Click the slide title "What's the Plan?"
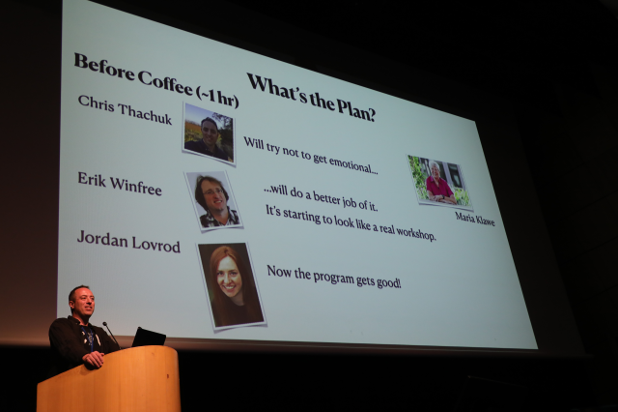(x=311, y=97)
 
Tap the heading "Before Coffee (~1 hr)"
(x=156, y=80)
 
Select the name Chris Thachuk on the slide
(x=125, y=109)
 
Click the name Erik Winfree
(x=120, y=184)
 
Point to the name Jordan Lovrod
(x=128, y=242)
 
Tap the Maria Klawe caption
(x=474, y=219)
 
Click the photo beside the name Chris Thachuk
(x=209, y=134)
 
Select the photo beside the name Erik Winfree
(x=214, y=200)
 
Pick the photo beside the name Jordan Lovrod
(x=231, y=286)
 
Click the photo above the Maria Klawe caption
(x=439, y=181)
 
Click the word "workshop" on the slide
(x=416, y=233)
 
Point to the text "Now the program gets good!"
(x=334, y=277)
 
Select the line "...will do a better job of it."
(x=321, y=197)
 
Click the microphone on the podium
(x=111, y=334)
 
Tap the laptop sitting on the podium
(x=148, y=338)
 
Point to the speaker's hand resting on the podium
(x=94, y=359)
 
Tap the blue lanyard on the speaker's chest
(x=89, y=337)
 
